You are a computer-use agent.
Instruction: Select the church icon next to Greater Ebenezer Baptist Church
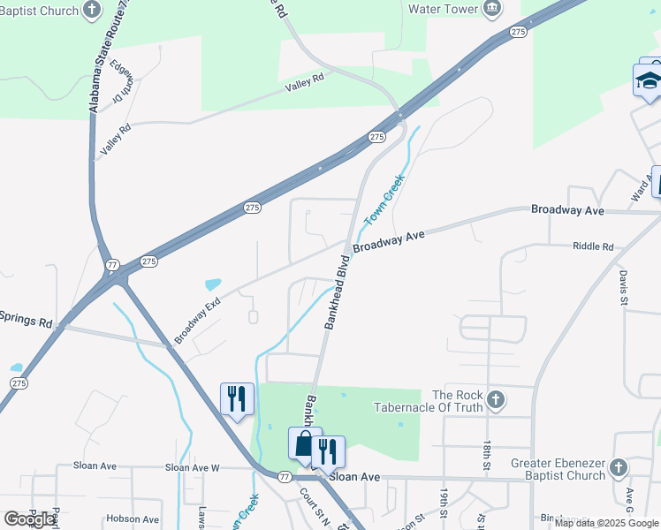tap(618, 468)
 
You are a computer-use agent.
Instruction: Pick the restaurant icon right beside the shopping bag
tap(328, 451)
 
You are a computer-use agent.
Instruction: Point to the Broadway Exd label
tap(197, 321)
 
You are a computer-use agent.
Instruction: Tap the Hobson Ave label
tap(132, 519)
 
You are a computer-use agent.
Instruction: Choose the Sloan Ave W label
tap(192, 467)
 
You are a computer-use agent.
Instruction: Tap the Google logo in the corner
tap(29, 519)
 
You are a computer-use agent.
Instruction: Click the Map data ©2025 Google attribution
tap(607, 523)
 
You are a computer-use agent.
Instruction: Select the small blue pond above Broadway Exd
tap(213, 285)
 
